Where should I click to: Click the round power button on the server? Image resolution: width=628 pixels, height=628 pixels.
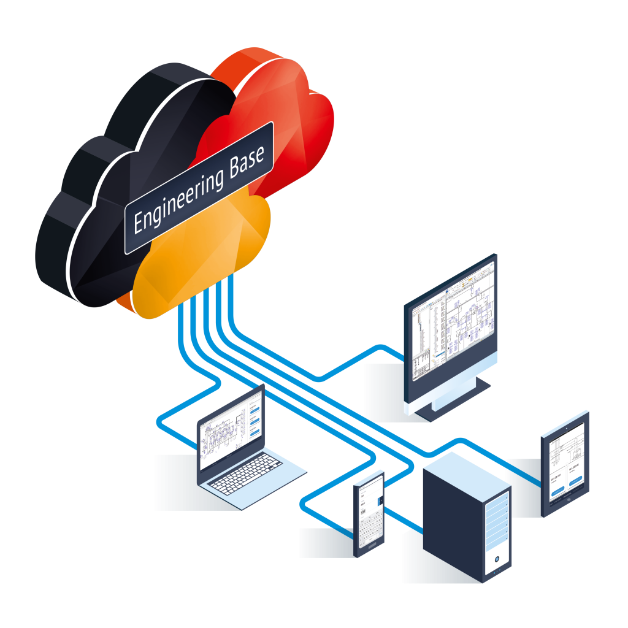click(x=496, y=560)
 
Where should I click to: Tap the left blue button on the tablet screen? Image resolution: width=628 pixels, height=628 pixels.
click(x=557, y=491)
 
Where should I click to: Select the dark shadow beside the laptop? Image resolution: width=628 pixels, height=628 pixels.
click(x=175, y=484)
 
